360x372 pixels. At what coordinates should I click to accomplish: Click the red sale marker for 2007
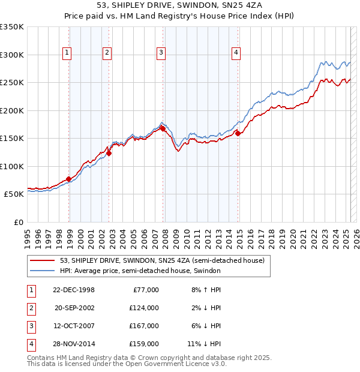[x=163, y=128]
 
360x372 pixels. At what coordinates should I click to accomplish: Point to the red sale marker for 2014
[x=238, y=133]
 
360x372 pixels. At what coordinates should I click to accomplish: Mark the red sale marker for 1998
[x=68, y=179]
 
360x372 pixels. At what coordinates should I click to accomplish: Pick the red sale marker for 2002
[x=109, y=153]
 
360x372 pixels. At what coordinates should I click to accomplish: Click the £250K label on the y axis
[x=12, y=82]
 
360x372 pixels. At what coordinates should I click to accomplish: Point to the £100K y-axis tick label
[x=12, y=166]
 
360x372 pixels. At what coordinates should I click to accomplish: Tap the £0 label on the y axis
[x=18, y=222]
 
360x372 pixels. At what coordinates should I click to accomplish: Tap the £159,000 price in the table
[x=145, y=344]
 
